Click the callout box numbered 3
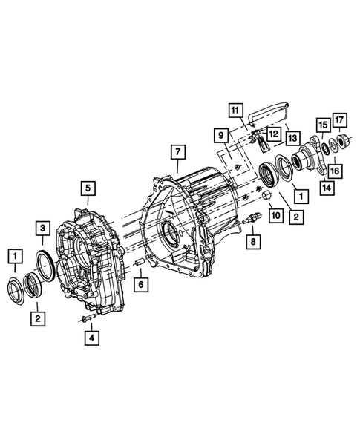pyautogui.click(x=42, y=229)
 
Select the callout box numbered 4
pyautogui.click(x=92, y=338)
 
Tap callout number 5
pyautogui.click(x=88, y=188)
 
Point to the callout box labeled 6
pyautogui.click(x=141, y=285)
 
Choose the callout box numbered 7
pyautogui.click(x=178, y=152)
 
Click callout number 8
pyautogui.click(x=253, y=242)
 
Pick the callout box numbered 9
pyautogui.click(x=221, y=136)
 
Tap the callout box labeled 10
pyautogui.click(x=276, y=215)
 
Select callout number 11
pyautogui.click(x=235, y=111)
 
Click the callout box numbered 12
pyautogui.click(x=273, y=134)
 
